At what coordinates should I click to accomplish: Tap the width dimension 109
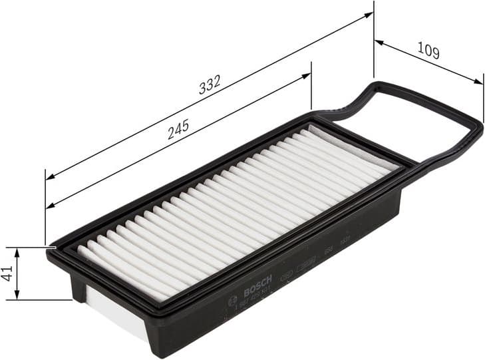coord(428,51)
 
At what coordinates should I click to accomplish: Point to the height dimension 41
coord(7,273)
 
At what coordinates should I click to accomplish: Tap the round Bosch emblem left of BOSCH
coord(232,301)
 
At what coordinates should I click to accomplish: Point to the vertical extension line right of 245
coord(311,87)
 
